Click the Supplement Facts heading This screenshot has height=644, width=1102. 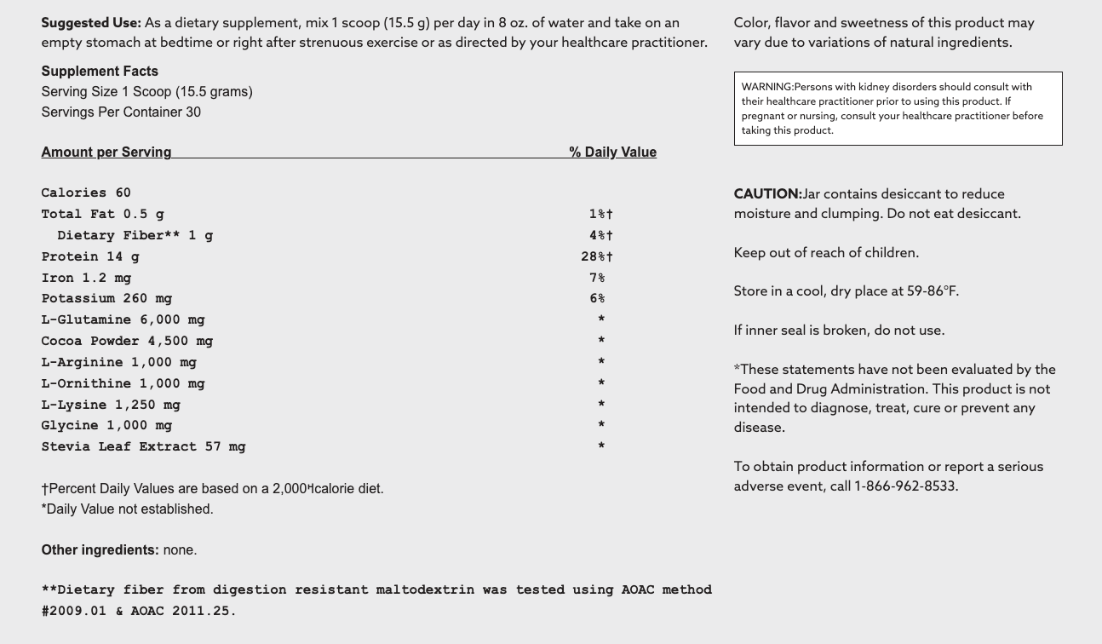coord(100,72)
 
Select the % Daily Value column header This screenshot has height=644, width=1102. coord(613,152)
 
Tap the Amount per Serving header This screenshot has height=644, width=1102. coord(106,152)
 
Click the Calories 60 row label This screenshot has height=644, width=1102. coord(86,193)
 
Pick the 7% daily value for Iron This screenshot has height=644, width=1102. coord(597,278)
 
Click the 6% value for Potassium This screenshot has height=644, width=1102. coord(597,299)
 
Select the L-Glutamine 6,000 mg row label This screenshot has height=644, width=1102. coord(123,320)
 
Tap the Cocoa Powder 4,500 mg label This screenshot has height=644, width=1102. coord(127,342)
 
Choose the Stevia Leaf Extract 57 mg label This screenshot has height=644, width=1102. coord(143,447)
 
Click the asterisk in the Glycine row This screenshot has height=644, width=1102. coord(601,426)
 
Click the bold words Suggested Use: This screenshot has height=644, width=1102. coord(91,23)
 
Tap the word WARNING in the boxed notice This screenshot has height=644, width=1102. coord(766,87)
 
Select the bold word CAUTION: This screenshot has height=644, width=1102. coord(767,194)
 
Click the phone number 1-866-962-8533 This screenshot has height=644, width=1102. coord(905,486)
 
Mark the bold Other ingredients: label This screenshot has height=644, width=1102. coord(100,550)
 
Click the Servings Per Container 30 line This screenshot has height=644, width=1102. coord(121,112)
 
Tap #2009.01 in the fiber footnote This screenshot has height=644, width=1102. coord(74,611)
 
